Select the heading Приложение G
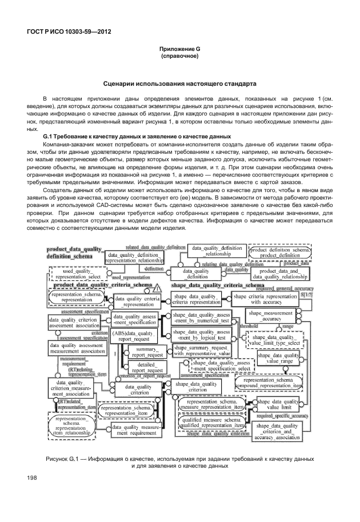tap(179, 50)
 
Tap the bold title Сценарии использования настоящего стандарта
tap(179, 83)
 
